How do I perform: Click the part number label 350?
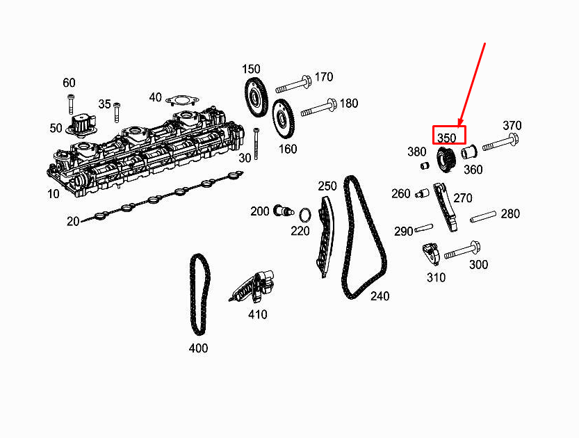pyautogui.click(x=447, y=138)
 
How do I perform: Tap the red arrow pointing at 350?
pyautogui.click(x=471, y=85)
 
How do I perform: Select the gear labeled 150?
pyautogui.click(x=255, y=97)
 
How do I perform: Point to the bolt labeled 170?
pyautogui.click(x=293, y=86)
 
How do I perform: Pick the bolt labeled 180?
pyautogui.click(x=318, y=108)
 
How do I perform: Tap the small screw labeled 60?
pyautogui.click(x=70, y=104)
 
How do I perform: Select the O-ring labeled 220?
pyautogui.click(x=305, y=215)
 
